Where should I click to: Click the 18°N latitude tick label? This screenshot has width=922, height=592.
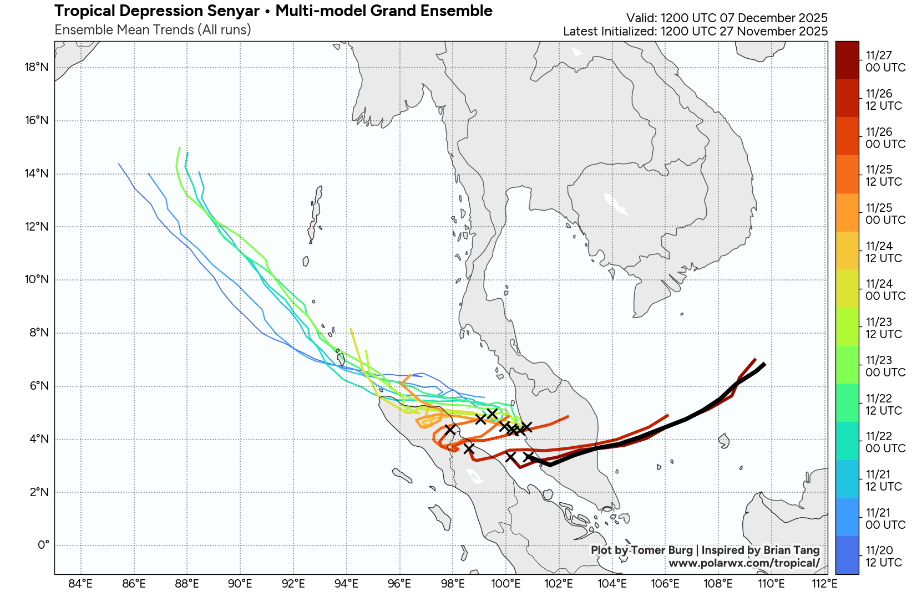(37, 68)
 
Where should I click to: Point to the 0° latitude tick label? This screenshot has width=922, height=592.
(43, 545)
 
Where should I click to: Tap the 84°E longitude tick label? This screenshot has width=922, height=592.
(80, 583)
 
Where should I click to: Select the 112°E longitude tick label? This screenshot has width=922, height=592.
(824, 583)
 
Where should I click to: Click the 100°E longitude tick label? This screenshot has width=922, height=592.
(506, 583)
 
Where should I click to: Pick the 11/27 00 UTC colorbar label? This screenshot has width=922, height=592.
(885, 62)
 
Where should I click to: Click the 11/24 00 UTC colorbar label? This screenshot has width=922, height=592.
(885, 290)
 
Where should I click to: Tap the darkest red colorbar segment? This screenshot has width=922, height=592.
(847, 60)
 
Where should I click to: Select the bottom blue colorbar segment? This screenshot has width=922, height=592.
(847, 555)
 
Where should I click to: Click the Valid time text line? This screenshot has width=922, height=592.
(727, 18)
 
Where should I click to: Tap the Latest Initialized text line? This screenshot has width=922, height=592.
(695, 32)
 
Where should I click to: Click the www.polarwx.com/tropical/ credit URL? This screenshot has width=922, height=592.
(744, 563)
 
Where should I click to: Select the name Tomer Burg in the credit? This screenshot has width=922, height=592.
(662, 550)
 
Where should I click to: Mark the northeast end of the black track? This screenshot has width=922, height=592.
(764, 364)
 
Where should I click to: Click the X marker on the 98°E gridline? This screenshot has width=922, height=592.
(450, 430)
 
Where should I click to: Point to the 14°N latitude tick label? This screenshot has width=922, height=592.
(37, 173)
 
